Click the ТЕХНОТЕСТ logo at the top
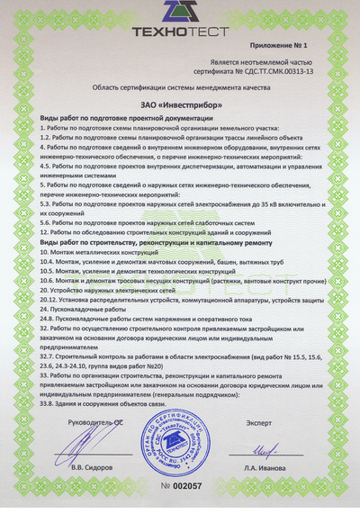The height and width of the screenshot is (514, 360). [180, 19]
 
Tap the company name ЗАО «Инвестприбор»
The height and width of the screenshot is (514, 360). [180, 106]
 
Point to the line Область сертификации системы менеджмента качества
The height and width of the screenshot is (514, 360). [180, 88]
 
